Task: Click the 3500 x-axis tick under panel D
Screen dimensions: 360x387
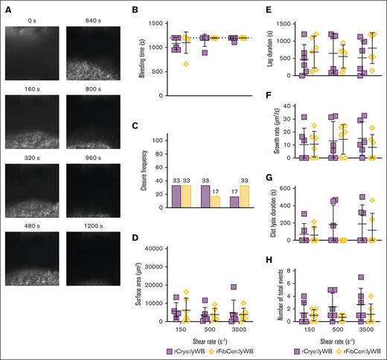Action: tap(239, 328)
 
